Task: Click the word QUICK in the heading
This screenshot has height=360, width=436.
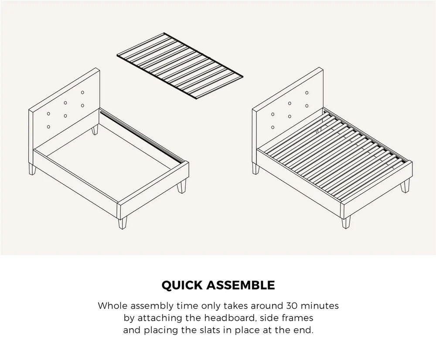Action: coord(182,285)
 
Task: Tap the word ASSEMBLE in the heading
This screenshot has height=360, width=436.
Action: coord(241,285)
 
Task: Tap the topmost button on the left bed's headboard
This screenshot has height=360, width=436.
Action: coord(82,93)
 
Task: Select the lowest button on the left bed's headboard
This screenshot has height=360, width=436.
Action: coord(48,127)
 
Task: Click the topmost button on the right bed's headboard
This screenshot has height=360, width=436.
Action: coord(307,93)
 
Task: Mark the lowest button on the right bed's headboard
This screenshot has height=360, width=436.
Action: coord(272,127)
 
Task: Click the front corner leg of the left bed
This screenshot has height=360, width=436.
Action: coord(123,222)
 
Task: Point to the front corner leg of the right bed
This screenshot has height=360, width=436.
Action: coord(346,222)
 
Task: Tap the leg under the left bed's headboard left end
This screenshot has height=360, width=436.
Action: coord(33,169)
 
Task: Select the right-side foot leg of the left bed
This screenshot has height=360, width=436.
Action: coord(182,186)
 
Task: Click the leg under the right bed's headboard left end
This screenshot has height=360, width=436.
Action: coord(256,168)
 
